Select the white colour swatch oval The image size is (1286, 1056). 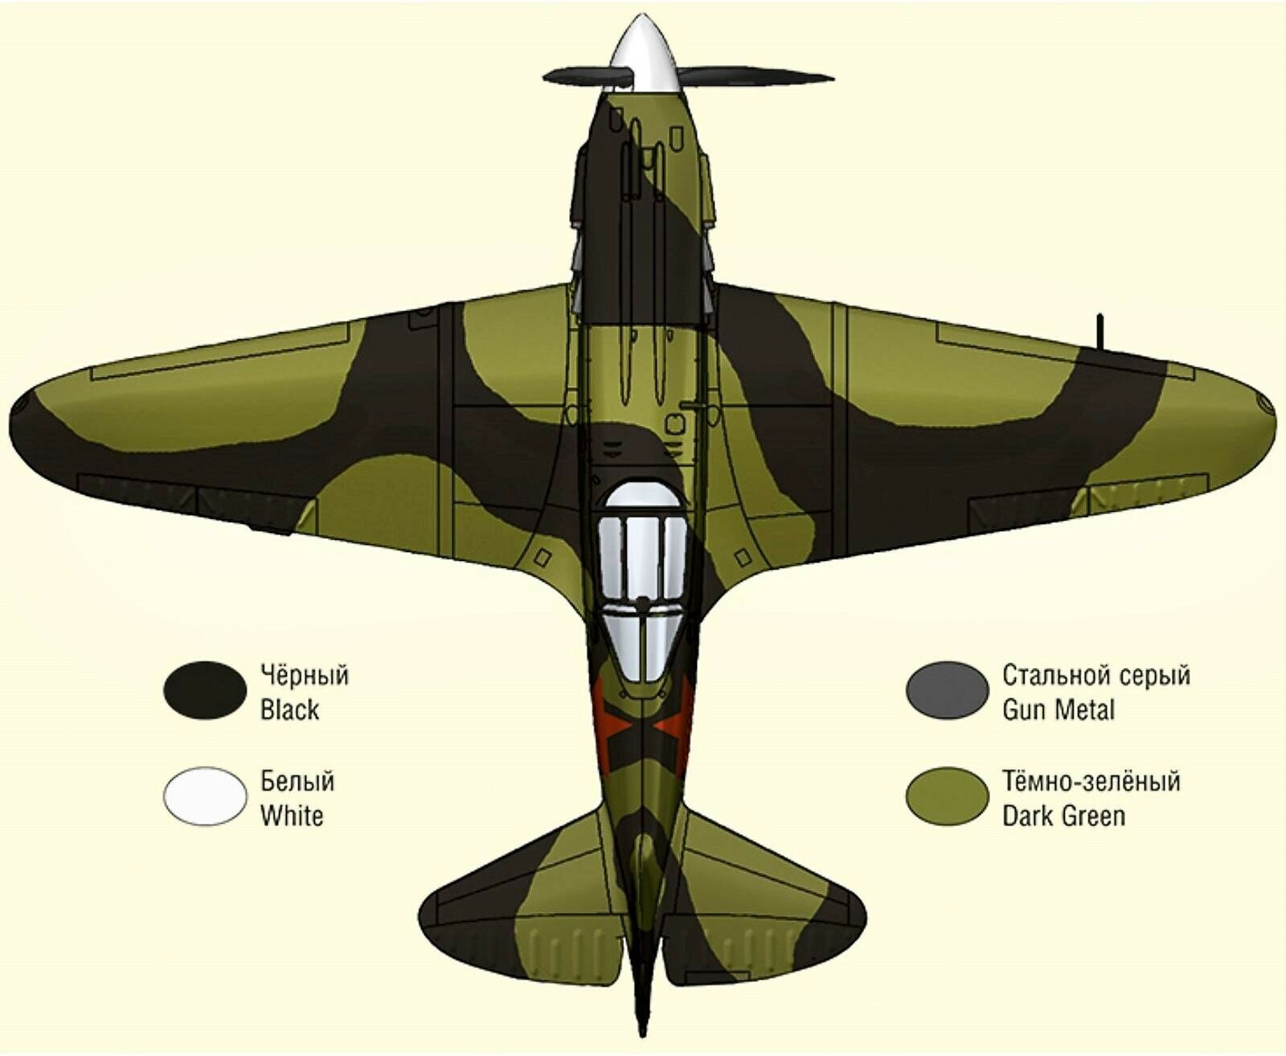tap(204, 796)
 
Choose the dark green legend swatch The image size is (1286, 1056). tap(947, 796)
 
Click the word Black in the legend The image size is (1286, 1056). tap(289, 710)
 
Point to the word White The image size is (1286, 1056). tap(292, 816)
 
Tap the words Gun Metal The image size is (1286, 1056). tap(1059, 710)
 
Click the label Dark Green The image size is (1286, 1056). tap(1063, 816)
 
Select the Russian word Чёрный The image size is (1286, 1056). tap(305, 675)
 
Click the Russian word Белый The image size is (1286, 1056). tap(297, 781)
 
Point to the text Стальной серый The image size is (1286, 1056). tap(1096, 675)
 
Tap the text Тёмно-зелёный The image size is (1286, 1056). tap(1091, 781)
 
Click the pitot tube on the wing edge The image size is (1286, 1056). tap(1100, 331)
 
